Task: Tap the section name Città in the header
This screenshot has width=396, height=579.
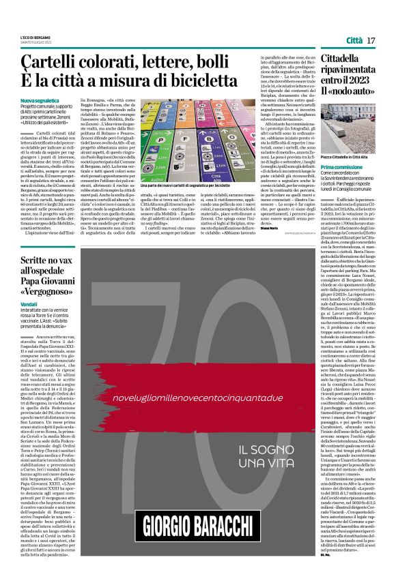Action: click(353, 41)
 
